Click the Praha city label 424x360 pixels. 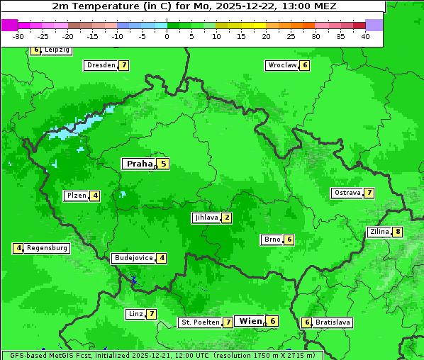point(139,164)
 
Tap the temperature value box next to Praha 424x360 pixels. point(163,164)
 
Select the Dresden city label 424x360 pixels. point(101,65)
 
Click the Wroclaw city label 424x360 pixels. point(282,65)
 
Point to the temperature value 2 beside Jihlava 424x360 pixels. point(226,218)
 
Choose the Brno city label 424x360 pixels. point(272,240)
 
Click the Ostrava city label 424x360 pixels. point(347,193)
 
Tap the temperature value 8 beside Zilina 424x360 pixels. point(398,232)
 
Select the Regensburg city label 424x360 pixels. point(48,248)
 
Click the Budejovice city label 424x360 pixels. point(133,258)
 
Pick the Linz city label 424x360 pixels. point(135,314)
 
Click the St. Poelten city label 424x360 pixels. point(200,322)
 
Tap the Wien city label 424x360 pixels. point(250,321)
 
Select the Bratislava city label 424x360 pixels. point(333,322)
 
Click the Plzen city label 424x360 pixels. point(77,196)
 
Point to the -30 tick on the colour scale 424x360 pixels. point(18,36)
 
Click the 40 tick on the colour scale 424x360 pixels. point(365,36)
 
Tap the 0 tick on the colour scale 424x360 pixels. point(167,36)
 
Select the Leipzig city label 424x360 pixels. point(57,50)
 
